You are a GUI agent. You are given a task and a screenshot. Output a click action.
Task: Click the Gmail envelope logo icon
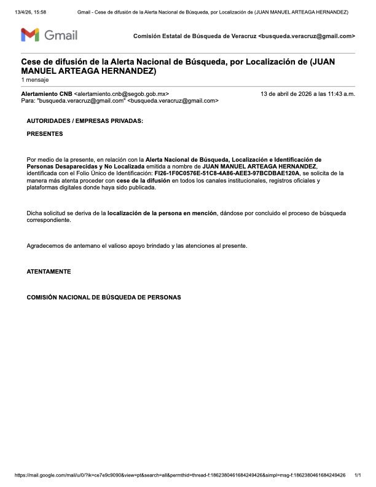(x=31, y=35)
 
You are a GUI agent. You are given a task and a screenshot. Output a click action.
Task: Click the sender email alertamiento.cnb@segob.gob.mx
(x=121, y=94)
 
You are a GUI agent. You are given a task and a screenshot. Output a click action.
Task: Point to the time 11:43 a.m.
(x=340, y=94)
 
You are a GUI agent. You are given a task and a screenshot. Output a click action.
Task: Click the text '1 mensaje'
(x=34, y=80)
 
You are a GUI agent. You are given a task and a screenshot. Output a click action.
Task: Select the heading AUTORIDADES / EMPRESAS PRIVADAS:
(x=85, y=121)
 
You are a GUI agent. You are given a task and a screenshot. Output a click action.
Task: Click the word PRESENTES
(x=45, y=133)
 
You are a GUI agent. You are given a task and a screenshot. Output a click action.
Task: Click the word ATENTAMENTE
(x=49, y=271)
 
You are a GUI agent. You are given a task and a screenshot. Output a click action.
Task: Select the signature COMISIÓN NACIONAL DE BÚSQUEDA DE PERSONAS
(x=104, y=297)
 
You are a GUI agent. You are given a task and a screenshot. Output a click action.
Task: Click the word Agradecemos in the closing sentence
(x=47, y=246)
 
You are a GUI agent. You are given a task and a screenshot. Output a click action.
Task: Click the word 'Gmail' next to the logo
(x=61, y=35)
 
